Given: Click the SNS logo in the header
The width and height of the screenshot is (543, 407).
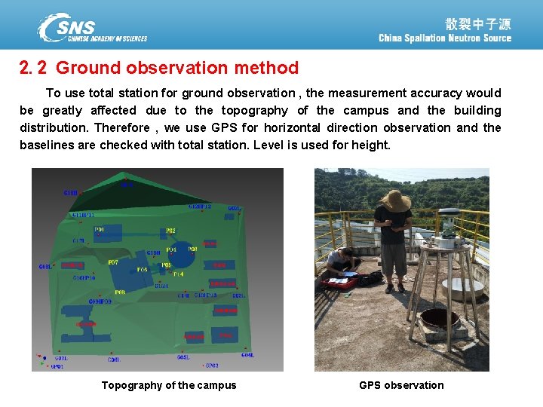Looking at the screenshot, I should (x=92, y=28).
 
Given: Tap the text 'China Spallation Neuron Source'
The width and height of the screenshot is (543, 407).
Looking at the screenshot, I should (x=445, y=38).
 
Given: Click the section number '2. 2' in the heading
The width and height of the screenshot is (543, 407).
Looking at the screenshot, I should (x=33, y=68).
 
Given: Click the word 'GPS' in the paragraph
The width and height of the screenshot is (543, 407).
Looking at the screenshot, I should (x=224, y=128).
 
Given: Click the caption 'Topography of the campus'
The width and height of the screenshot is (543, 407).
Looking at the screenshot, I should (x=169, y=385).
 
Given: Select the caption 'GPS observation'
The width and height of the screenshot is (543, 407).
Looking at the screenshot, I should (x=401, y=385).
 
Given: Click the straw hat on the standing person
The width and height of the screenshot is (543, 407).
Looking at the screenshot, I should (x=395, y=200).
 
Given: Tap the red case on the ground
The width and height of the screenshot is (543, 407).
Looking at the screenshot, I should (x=339, y=283).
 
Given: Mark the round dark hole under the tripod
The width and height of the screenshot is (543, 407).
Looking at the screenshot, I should (x=440, y=319).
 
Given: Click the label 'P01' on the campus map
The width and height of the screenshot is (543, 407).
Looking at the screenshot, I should (x=99, y=229).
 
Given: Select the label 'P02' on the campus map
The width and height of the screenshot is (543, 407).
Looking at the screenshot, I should (x=170, y=231).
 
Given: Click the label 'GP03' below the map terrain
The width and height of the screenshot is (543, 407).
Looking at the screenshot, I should (x=212, y=366).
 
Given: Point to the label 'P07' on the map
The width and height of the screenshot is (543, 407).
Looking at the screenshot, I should (x=113, y=262).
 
